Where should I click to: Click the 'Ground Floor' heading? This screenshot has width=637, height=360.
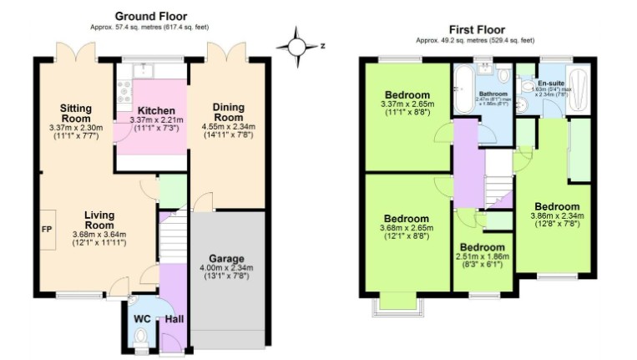click(x=150, y=16)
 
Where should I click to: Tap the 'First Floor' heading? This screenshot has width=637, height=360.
click(x=477, y=29)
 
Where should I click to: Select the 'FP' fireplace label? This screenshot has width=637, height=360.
click(x=46, y=227)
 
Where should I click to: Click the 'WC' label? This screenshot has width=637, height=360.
click(x=141, y=318)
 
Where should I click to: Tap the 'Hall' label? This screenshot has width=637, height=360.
click(x=174, y=318)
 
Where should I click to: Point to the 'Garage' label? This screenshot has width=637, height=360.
click(x=225, y=258)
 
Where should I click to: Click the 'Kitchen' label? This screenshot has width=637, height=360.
click(x=155, y=111)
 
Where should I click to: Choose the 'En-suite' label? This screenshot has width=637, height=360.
click(x=550, y=83)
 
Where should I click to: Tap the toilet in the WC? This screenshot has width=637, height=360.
click(x=140, y=337)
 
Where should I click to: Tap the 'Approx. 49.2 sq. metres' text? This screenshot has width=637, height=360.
click(x=477, y=41)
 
